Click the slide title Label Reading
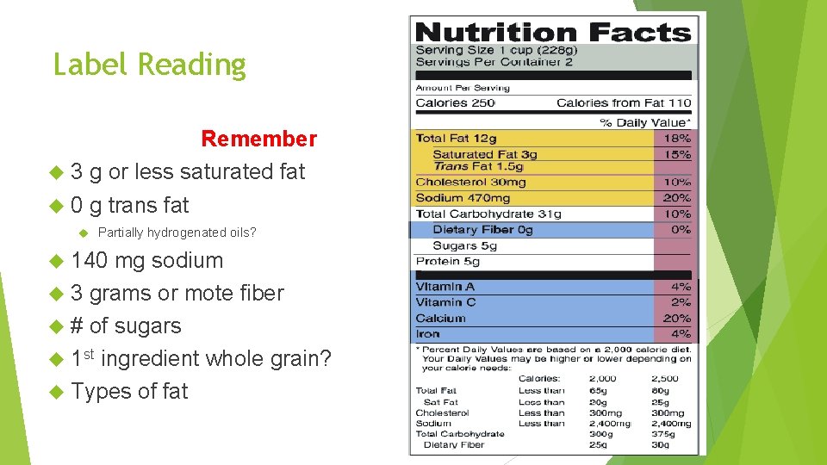150,65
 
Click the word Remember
258,139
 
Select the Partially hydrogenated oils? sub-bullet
177,232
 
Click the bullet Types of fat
129,391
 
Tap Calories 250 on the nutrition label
455,103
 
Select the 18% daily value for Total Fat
677,139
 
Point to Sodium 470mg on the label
463,198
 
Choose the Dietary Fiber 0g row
482,230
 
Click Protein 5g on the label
447,261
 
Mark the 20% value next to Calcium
677,318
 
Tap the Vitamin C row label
445,302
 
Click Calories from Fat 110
624,103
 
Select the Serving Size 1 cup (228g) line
496,50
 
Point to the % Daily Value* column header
645,122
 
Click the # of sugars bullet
126,325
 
